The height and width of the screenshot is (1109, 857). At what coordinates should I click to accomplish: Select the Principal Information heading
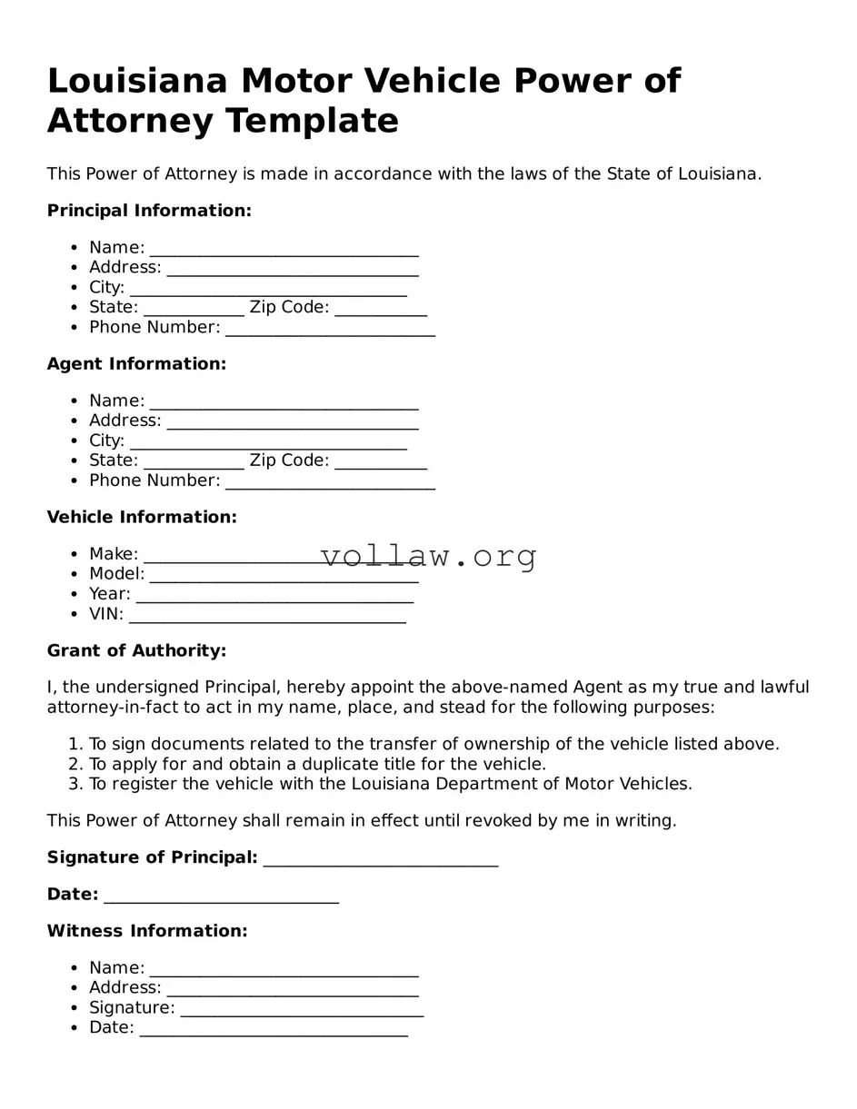click(149, 211)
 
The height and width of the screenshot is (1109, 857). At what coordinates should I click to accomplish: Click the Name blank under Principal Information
click(284, 250)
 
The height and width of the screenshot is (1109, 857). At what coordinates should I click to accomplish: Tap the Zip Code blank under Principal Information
click(380, 309)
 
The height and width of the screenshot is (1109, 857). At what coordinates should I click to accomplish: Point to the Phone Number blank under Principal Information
click(330, 329)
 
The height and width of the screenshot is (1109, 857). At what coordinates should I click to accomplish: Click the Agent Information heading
click(136, 364)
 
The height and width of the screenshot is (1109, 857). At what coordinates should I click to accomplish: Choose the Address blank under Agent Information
click(292, 422)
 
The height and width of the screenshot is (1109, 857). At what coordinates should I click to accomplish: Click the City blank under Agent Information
click(268, 442)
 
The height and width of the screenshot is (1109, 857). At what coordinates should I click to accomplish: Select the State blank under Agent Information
click(194, 462)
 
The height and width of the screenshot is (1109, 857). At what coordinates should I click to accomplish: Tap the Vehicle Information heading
click(142, 518)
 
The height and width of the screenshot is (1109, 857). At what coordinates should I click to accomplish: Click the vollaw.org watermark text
click(429, 556)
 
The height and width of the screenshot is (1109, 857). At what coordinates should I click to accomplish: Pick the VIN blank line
click(267, 616)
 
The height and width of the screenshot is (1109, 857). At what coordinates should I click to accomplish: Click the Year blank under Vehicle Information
click(274, 596)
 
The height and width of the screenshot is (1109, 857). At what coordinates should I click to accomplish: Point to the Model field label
click(116, 574)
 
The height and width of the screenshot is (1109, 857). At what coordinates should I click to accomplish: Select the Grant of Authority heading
click(136, 651)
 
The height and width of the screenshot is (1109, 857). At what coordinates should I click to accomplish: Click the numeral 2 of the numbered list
click(75, 765)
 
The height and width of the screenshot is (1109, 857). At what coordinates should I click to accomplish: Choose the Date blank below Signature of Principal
click(221, 896)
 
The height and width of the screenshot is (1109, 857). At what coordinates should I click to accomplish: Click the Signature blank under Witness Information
click(302, 1010)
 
